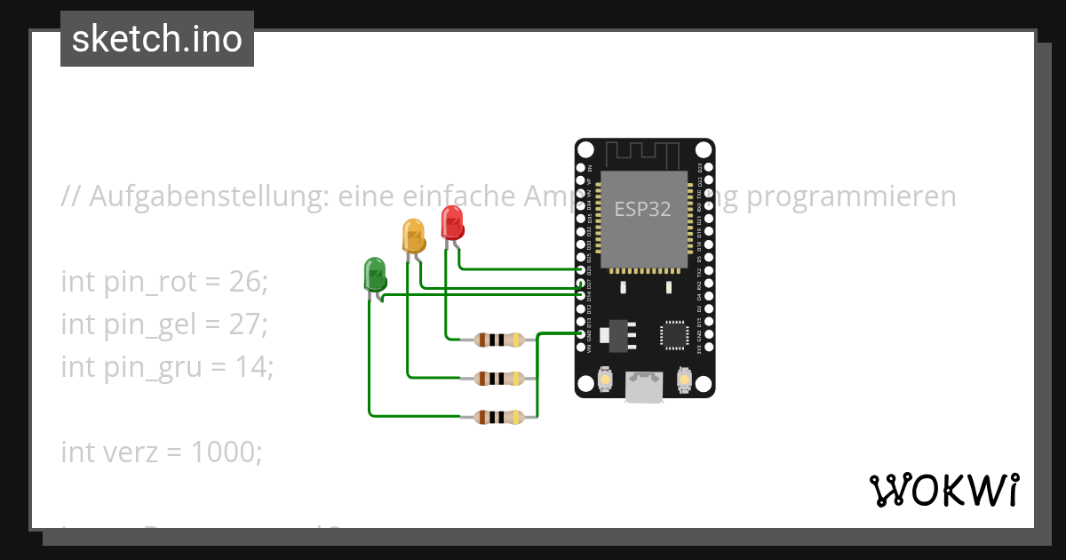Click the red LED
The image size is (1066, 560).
(452, 222)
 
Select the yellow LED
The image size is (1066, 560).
(413, 236)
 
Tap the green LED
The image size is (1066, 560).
(374, 274)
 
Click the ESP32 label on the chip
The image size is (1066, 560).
(643, 209)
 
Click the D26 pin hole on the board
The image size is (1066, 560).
(581, 268)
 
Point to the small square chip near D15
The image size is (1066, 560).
(674, 334)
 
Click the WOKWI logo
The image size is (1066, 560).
(943, 490)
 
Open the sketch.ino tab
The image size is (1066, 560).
(157, 39)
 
